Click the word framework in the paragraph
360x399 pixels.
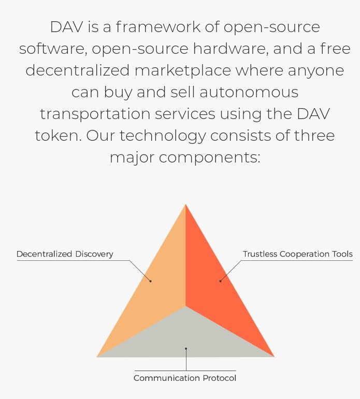[158, 27]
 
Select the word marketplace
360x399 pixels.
[183, 70]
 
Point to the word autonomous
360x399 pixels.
[249, 92]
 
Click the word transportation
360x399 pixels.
[95, 114]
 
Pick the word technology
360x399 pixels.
[163, 136]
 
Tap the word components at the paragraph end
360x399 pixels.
[209, 158]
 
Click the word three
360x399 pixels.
[314, 136]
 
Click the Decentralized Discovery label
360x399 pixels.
[65, 254]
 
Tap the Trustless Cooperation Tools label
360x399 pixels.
[297, 254]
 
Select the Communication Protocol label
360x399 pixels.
[185, 378]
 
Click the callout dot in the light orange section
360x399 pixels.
[150, 281]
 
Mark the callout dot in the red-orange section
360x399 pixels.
[220, 281]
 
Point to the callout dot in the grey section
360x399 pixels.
[186, 349]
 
